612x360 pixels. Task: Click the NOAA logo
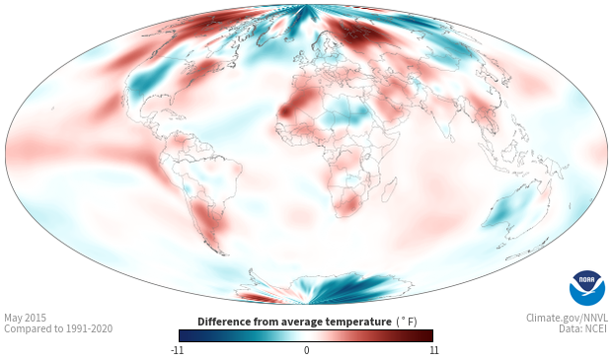click(587, 288)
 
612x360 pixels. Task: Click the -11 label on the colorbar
click(177, 350)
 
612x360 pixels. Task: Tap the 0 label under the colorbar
click(306, 350)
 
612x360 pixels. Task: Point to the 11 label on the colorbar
click(434, 350)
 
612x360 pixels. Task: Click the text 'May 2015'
click(25, 318)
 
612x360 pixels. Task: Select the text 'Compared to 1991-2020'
click(58, 328)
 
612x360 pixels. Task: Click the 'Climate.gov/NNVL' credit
click(567, 318)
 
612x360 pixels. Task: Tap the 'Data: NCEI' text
click(583, 328)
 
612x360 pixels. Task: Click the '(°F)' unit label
click(407, 323)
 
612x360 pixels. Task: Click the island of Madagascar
click(390, 189)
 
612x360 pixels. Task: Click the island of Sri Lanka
click(451, 138)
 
